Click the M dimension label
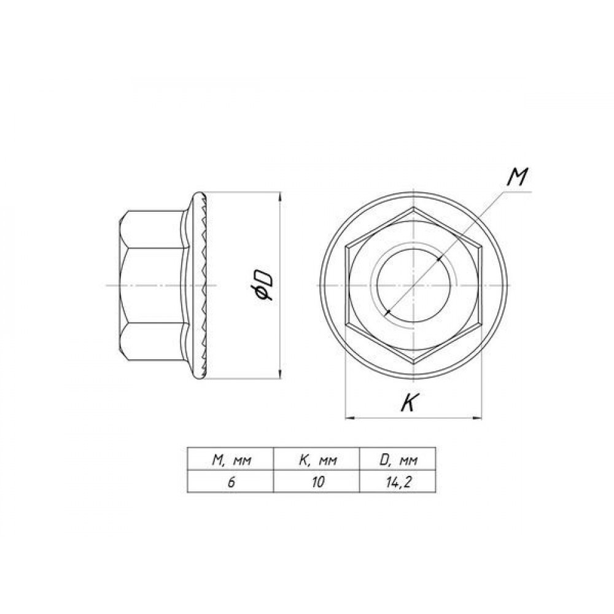pos(517,177)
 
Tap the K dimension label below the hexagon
pos(409,403)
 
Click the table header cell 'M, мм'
pos(231,460)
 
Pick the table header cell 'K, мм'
pos(317,460)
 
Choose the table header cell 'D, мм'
pos(398,460)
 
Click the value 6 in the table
pos(231,482)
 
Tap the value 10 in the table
pos(318,482)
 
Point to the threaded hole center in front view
pos(413,286)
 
